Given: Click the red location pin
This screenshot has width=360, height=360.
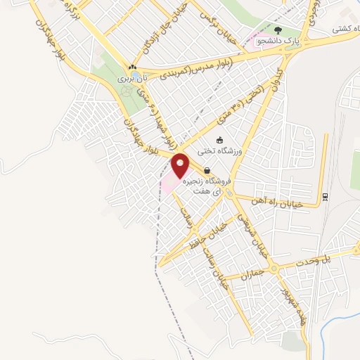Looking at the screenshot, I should [x=181, y=165].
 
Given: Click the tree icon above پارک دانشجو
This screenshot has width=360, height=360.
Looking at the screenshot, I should [x=278, y=30].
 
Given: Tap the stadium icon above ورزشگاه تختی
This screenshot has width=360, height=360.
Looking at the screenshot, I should [x=219, y=139].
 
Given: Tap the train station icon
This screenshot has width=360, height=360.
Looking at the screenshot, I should [x=324, y=197].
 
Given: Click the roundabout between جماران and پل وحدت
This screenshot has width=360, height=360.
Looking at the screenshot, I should [x=273, y=268].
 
